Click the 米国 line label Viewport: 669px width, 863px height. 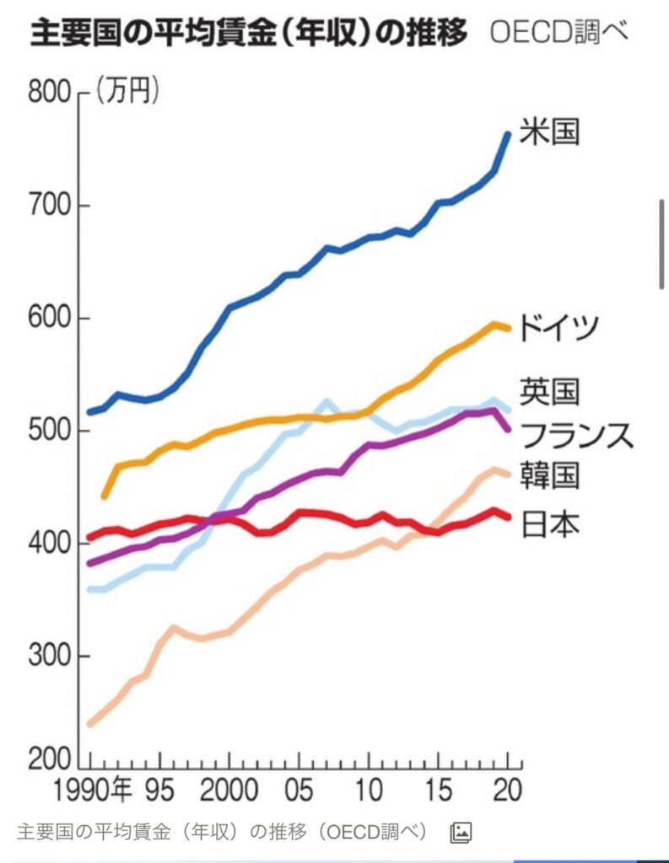[549, 132]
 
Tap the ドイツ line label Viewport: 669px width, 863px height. [558, 326]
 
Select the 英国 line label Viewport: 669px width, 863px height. [549, 392]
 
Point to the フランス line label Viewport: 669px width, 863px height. [575, 435]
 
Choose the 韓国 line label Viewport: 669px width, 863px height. [549, 476]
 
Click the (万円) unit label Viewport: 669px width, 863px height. [127, 91]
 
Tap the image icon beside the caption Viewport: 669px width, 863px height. [461, 832]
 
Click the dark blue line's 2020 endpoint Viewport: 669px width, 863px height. [508, 133]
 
